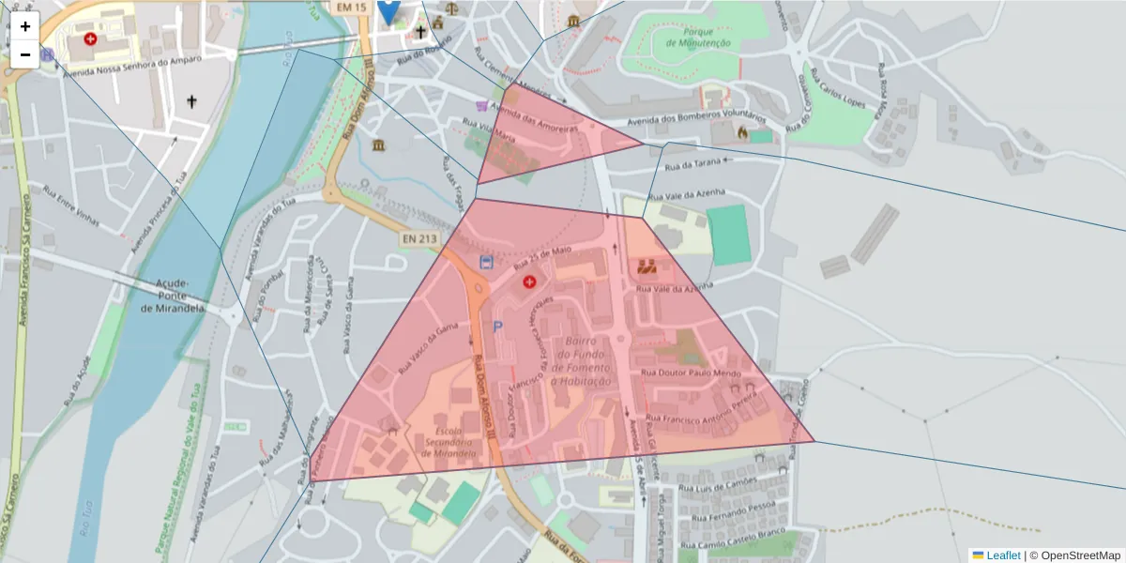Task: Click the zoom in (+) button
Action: click(x=25, y=26)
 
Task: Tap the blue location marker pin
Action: click(x=388, y=9)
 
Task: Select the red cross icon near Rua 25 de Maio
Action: click(x=528, y=281)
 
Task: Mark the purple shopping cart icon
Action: click(x=482, y=106)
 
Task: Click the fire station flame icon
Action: click(x=743, y=133)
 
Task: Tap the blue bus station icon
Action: click(x=485, y=262)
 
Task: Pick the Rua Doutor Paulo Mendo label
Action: click(x=677, y=373)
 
